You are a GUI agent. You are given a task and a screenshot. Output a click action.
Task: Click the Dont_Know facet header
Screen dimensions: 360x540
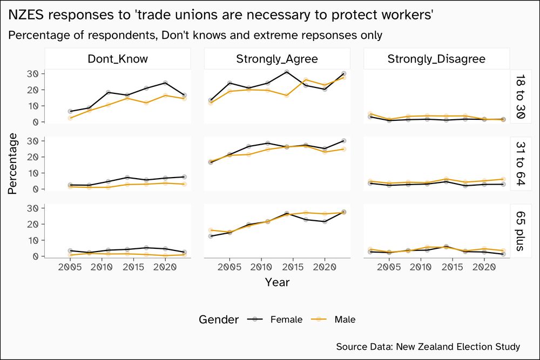pos(118,59)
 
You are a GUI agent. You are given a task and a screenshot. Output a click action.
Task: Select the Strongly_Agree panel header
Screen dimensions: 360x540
pos(277,59)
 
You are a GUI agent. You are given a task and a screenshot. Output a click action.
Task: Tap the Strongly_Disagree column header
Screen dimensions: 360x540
pos(436,59)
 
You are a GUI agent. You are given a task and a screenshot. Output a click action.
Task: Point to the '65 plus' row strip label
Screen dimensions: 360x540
pos(519,230)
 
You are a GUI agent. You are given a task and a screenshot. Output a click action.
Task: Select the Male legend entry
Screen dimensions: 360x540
pos(345,320)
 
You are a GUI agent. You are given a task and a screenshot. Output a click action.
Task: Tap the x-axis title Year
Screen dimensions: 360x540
pos(277,282)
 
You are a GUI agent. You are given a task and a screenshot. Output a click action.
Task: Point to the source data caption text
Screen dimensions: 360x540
pos(428,347)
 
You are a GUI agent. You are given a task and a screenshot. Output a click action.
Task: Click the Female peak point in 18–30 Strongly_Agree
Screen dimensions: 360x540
pos(286,72)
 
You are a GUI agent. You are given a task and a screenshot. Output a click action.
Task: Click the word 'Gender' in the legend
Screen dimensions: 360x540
pos(219,320)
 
